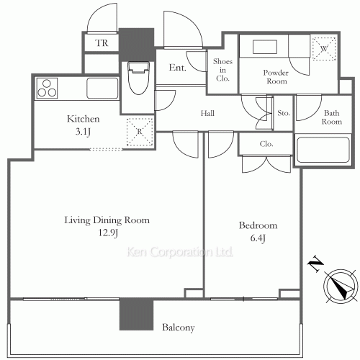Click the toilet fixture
(138, 78)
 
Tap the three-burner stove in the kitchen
(47, 89)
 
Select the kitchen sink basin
(102, 88)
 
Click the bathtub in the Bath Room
(323, 150)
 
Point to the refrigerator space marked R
(140, 132)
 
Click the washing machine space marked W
(324, 49)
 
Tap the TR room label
(102, 43)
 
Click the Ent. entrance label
(177, 68)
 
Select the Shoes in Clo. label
(222, 70)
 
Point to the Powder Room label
(276, 77)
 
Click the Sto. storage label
(284, 113)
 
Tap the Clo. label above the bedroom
(266, 144)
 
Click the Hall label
(207, 113)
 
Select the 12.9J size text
(108, 233)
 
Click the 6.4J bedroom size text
(258, 238)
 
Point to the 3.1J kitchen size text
(83, 132)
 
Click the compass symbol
(340, 285)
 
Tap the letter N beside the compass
(315, 264)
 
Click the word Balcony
(179, 328)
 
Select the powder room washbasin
(265, 47)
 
